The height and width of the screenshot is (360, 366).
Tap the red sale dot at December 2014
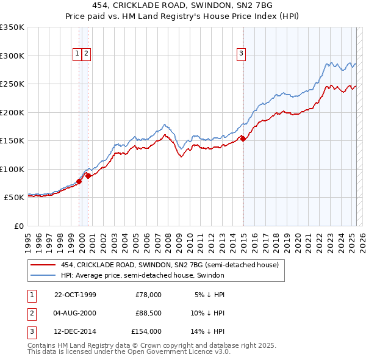pyautogui.click(x=243, y=139)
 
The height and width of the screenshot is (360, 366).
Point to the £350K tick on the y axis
pyautogui.click(x=12, y=27)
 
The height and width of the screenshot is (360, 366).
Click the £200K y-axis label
pyautogui.click(x=12, y=112)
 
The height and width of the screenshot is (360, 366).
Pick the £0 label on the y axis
pyautogui.click(x=18, y=226)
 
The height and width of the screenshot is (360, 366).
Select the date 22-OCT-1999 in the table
pyautogui.click(x=75, y=295)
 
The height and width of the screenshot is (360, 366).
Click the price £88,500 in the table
pyautogui.click(x=148, y=313)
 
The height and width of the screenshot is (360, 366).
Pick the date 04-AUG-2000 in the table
pyautogui.click(x=75, y=313)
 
